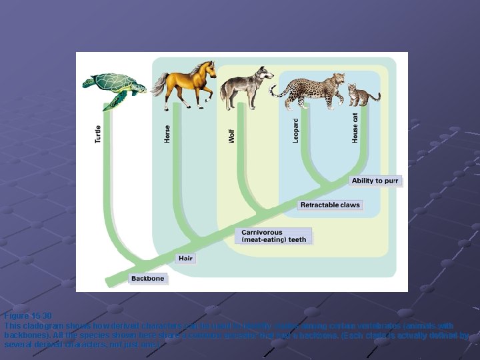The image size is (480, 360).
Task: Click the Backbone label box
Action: point(147,278)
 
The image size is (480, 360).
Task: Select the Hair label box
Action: point(186,258)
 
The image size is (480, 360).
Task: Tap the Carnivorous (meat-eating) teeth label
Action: point(274,235)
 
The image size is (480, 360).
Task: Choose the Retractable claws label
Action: point(329,205)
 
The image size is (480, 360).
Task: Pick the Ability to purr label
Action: point(376,181)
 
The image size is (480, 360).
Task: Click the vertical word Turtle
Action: point(97,135)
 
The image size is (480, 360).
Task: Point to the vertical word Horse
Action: point(167,133)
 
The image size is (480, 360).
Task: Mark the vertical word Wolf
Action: point(232,135)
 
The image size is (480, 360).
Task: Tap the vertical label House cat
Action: point(355,126)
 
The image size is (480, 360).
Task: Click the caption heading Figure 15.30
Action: point(33,315)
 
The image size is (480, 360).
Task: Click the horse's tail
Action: point(159,83)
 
